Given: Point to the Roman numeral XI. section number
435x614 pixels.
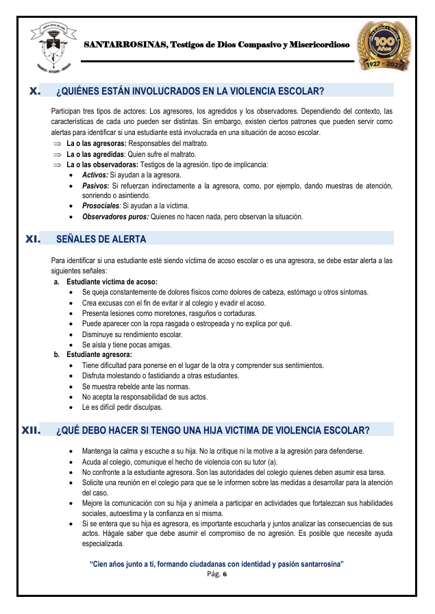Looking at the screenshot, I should click(x=32, y=239).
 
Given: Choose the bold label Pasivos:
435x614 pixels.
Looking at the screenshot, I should click(x=95, y=186).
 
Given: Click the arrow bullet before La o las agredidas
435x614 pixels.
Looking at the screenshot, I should click(x=58, y=154).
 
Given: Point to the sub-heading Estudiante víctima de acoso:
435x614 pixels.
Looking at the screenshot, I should click(x=112, y=282).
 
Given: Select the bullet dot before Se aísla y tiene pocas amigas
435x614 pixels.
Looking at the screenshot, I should click(x=73, y=345).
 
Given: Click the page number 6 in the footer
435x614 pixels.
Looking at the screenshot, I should click(x=224, y=574).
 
